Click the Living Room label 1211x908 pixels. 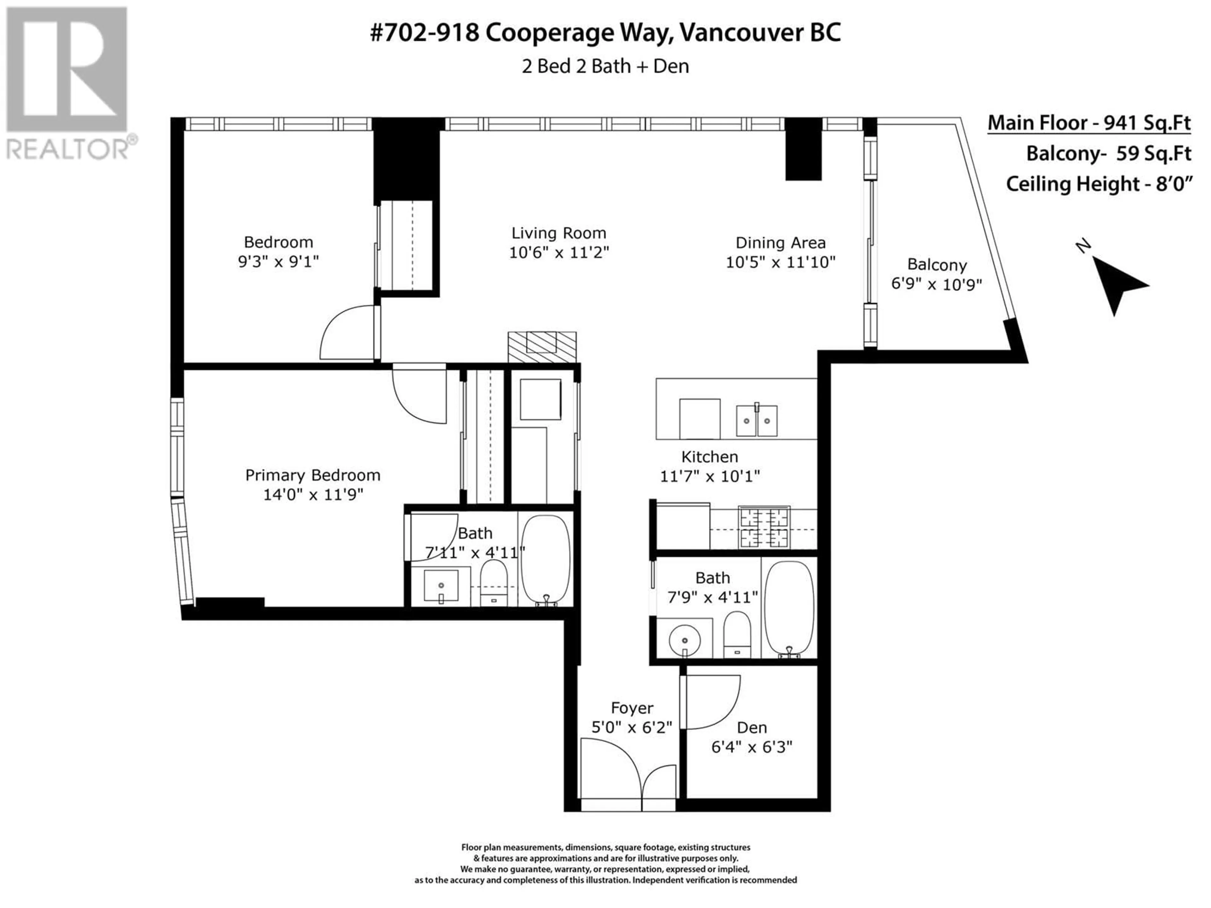tap(559, 233)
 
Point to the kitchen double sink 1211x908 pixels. tap(757, 420)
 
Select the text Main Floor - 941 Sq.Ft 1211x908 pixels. tap(1089, 123)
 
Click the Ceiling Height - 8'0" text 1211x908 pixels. tap(1099, 183)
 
